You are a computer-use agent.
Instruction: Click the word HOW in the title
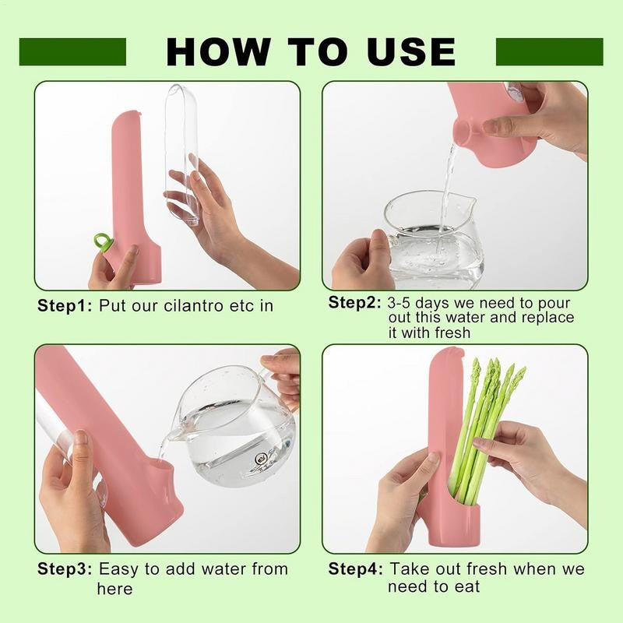(217, 52)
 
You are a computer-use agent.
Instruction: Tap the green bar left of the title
(72, 52)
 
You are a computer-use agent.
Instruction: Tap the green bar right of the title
(550, 52)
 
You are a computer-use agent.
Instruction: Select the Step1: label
(65, 306)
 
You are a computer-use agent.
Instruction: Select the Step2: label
(355, 303)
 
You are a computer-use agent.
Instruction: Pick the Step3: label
(65, 569)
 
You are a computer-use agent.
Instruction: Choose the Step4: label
(356, 569)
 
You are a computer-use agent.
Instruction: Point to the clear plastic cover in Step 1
(182, 155)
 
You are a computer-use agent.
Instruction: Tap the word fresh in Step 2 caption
(452, 333)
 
